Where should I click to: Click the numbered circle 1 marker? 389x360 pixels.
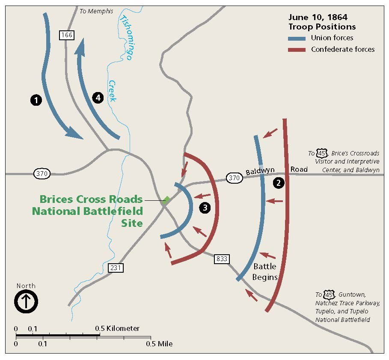click(36, 100)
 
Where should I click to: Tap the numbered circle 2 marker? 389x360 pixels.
click(279, 183)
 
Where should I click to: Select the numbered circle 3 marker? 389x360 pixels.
click(205, 208)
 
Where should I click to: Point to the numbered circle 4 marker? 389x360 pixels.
click(98, 97)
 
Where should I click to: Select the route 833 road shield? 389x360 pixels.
click(222, 259)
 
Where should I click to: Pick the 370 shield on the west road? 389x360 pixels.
click(42, 174)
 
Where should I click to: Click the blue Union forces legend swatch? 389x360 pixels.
click(297, 38)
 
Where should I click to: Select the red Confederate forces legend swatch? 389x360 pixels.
click(297, 50)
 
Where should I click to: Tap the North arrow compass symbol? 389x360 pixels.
click(26, 301)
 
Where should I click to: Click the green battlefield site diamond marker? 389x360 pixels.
click(166, 199)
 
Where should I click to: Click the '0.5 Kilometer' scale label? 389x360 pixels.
click(117, 328)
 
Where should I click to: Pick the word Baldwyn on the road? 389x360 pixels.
click(260, 172)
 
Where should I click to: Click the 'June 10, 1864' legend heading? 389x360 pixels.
click(318, 18)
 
